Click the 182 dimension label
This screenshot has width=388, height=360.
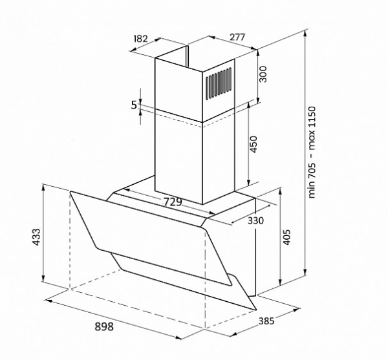click(x=140, y=39)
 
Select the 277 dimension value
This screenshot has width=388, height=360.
click(x=237, y=37)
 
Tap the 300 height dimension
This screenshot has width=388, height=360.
click(x=263, y=74)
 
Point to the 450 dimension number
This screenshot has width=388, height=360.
click(x=253, y=144)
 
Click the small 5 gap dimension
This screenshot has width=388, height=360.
click(x=134, y=105)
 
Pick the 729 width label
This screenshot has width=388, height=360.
click(x=173, y=202)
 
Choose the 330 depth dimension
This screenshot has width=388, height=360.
click(x=256, y=220)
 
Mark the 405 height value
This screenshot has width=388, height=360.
click(x=286, y=237)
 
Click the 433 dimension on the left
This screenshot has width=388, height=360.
click(x=36, y=237)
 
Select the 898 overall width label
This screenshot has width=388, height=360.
click(x=104, y=326)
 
